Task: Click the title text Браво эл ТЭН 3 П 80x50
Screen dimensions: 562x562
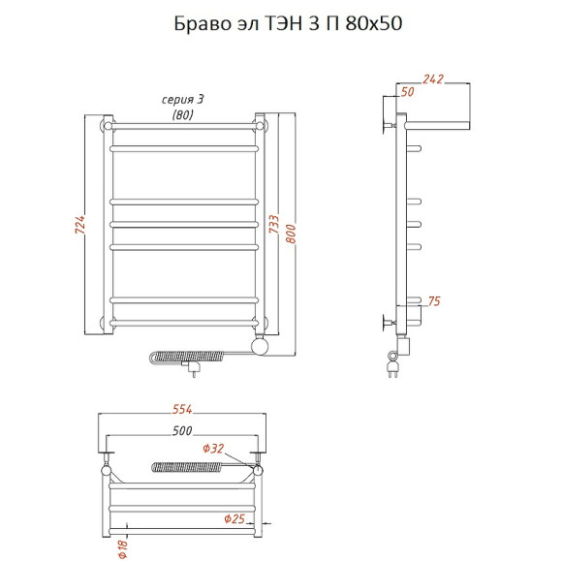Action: tap(288, 23)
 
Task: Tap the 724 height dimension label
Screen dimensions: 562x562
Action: tap(79, 225)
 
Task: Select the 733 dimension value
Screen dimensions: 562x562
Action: tap(274, 224)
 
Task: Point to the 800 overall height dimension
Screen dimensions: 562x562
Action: tap(291, 234)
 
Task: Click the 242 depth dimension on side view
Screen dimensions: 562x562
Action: tap(433, 78)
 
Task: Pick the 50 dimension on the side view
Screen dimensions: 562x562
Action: tap(408, 92)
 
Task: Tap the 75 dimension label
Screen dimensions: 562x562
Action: tap(434, 301)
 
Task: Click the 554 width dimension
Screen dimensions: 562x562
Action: tap(182, 409)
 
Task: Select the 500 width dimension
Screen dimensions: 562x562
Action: tap(182, 430)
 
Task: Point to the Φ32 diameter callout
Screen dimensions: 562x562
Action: tap(213, 449)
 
